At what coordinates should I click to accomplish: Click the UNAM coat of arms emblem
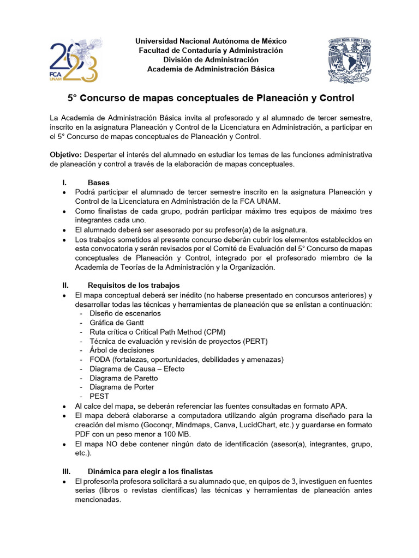coord(349,59)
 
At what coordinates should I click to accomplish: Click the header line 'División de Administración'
coord(211,59)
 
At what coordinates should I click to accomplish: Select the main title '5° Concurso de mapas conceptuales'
coord(211,98)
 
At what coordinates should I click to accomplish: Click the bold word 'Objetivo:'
coord(66,155)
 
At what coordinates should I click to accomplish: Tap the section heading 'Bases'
coord(98,183)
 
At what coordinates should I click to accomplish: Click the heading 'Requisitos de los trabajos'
coord(134,286)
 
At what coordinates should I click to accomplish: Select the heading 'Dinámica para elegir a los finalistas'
coord(150,471)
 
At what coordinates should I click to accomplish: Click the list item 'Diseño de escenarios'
coord(125,313)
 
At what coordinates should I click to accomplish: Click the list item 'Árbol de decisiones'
coord(122,350)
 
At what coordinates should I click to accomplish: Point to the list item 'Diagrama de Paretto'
coord(124,378)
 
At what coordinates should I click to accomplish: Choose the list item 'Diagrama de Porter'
coord(122,387)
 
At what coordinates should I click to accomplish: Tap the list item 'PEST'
coord(99,397)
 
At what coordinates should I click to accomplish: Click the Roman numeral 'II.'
coord(66,286)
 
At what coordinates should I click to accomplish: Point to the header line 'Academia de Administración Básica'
coord(211,69)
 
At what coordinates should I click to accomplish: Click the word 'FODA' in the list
coord(100,360)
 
